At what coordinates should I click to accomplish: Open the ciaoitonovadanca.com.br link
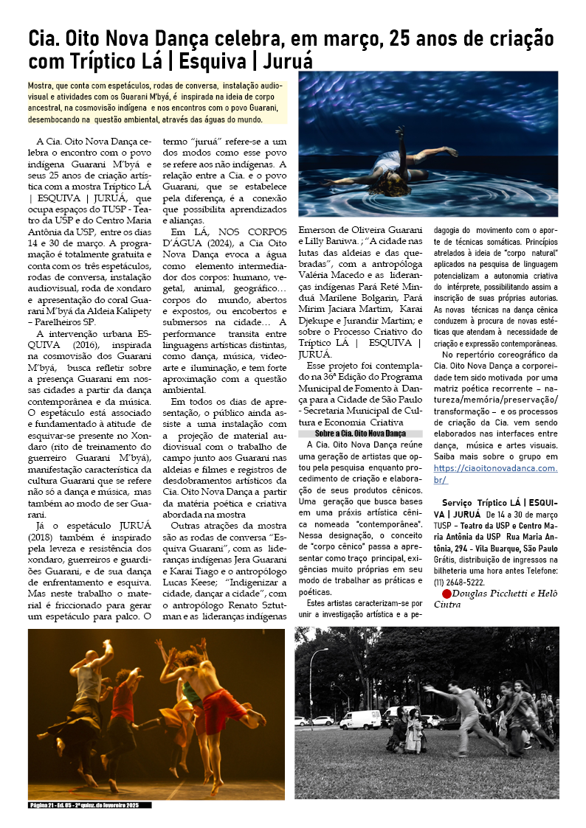pyautogui.click(x=495, y=473)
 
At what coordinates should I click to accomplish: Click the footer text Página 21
pyautogui.click(x=45, y=805)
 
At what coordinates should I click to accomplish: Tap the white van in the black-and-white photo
pyautogui.click(x=360, y=719)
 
